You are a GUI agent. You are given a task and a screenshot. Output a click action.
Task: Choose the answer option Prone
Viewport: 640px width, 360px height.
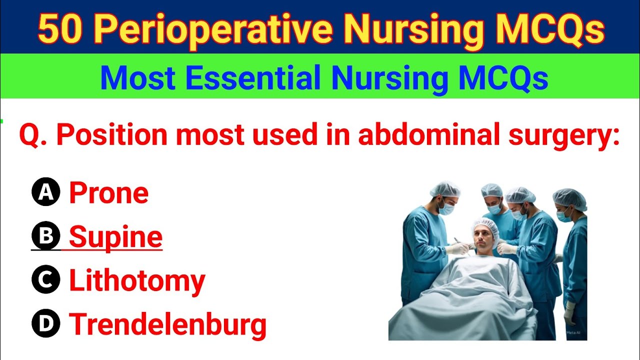click(108, 193)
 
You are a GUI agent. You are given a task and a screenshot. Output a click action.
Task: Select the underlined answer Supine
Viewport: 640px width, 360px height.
click(115, 237)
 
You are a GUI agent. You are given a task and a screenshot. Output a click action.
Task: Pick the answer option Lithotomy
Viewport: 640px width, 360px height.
click(137, 281)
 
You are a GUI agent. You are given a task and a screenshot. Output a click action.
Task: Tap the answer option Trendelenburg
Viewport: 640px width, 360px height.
click(167, 324)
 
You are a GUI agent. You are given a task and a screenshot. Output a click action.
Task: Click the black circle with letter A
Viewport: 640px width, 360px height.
click(46, 193)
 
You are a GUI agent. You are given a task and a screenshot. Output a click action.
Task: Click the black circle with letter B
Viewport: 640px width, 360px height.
click(46, 236)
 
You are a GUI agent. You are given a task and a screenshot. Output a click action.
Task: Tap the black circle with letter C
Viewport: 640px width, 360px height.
click(46, 280)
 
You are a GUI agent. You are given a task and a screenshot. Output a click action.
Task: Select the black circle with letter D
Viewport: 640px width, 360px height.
click(46, 324)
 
